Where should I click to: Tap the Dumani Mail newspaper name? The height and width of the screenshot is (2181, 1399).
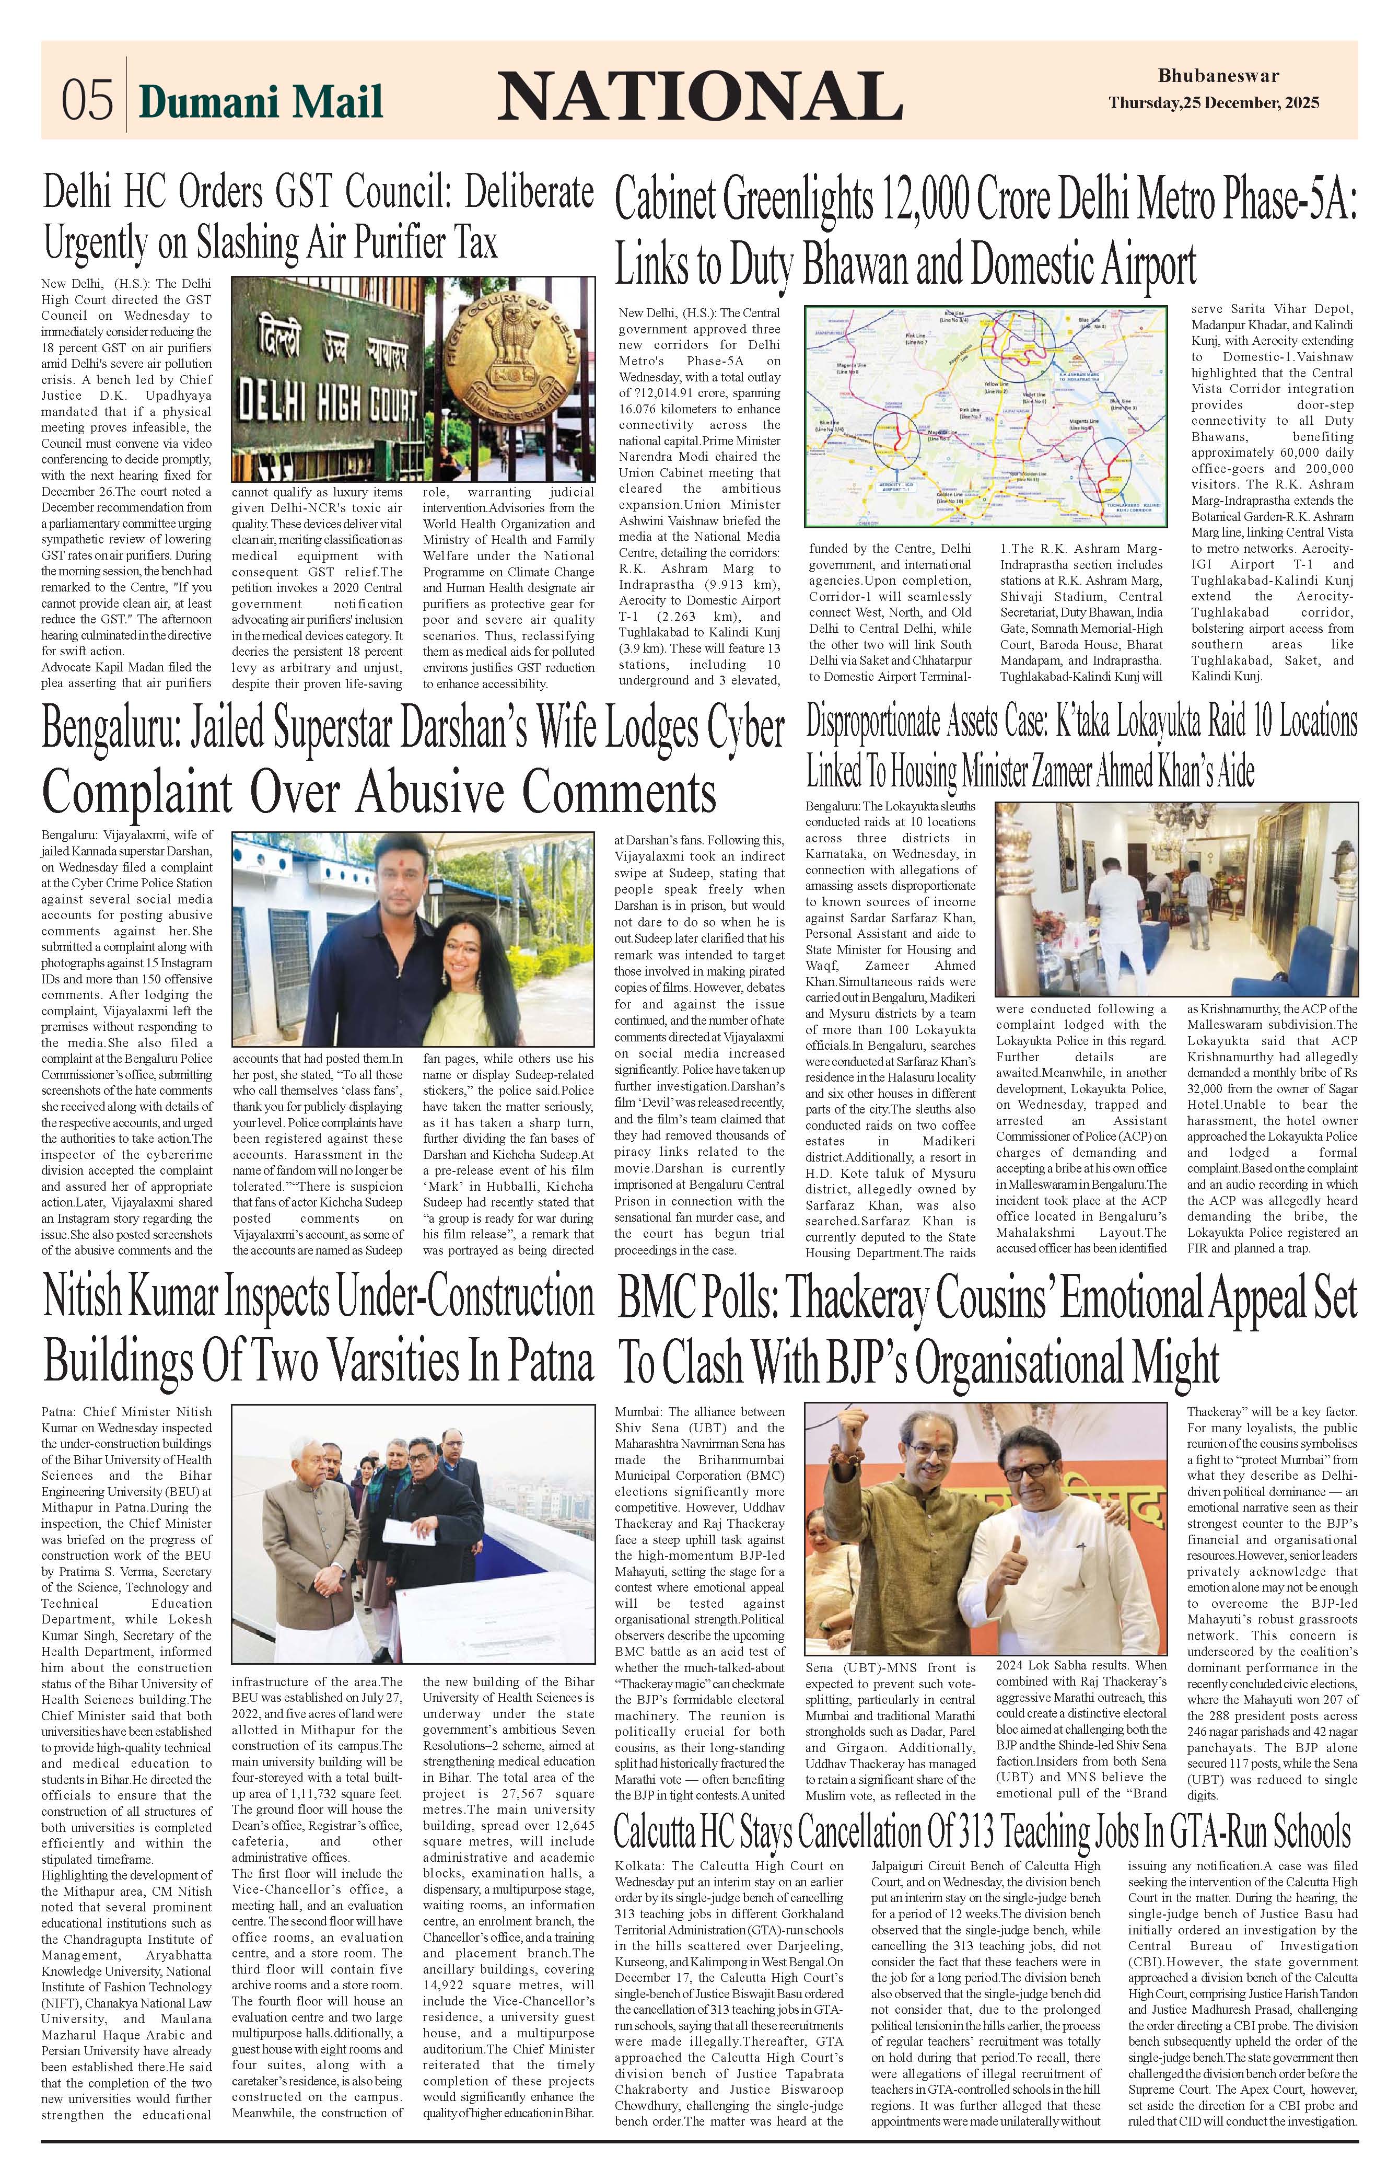(x=261, y=101)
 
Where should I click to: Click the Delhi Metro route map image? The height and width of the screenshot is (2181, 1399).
(x=988, y=416)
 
